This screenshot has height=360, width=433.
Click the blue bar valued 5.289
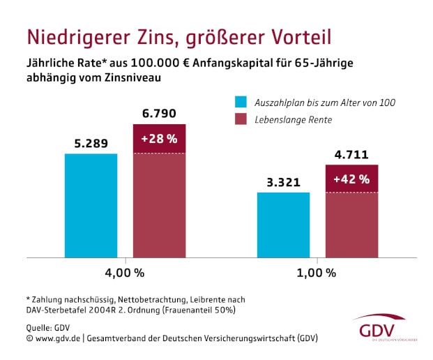91,205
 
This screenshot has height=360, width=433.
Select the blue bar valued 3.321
283,225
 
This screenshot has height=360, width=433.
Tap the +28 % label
160,138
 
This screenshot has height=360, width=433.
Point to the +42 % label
351,179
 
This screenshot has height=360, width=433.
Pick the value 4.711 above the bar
351,155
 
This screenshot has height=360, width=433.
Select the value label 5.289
91,144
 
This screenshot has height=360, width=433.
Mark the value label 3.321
283,183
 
